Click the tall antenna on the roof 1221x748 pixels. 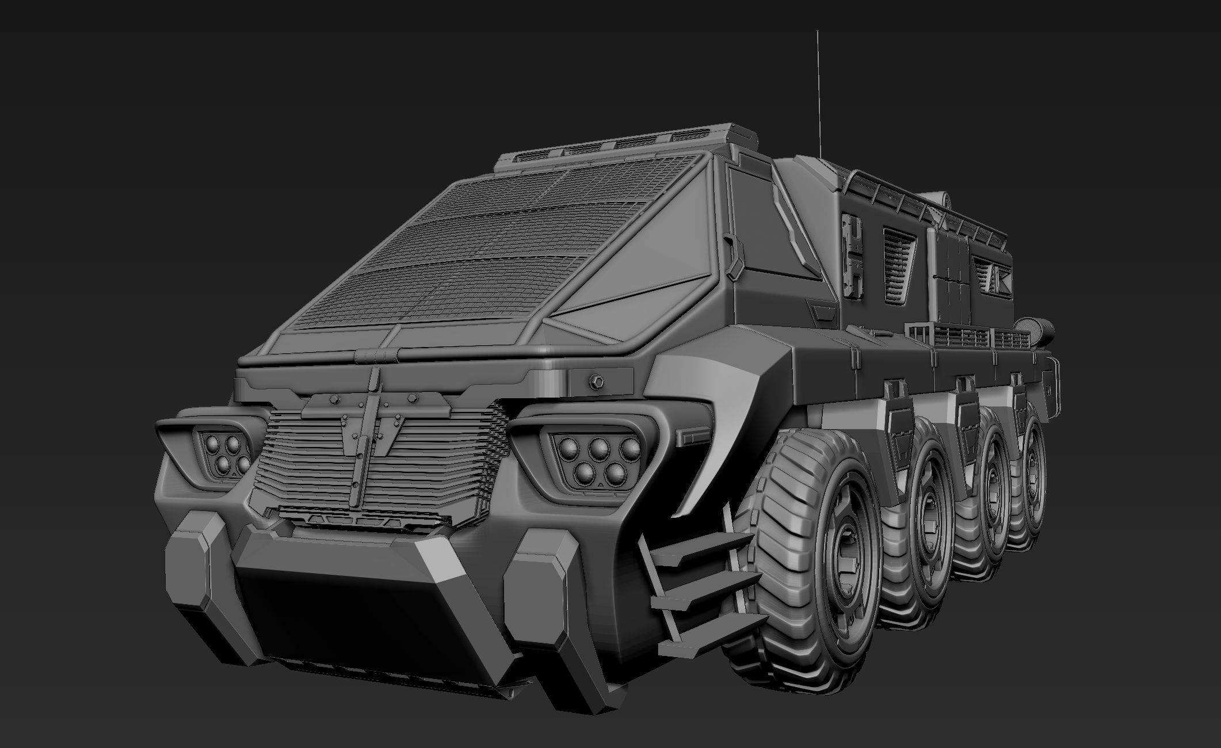pyautogui.click(x=818, y=86)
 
